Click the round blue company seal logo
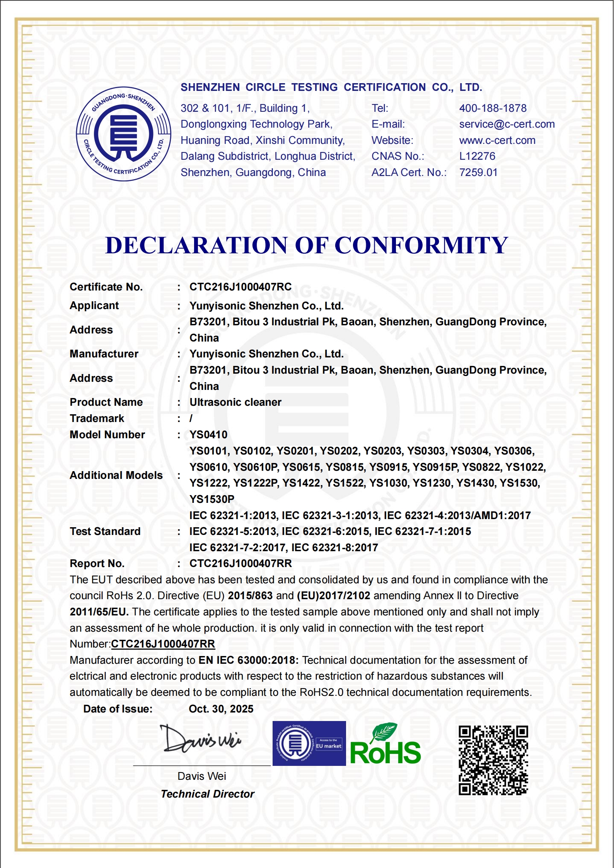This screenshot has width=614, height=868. pyautogui.click(x=123, y=134)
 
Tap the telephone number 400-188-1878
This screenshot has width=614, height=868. pyautogui.click(x=493, y=108)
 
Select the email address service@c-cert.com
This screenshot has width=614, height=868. pyautogui.click(x=507, y=124)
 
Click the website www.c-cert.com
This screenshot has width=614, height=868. pyautogui.click(x=497, y=140)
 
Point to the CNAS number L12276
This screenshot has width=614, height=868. pyautogui.click(x=477, y=156)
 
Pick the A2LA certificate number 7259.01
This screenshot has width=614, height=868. pyautogui.click(x=478, y=173)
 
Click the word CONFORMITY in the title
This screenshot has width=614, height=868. pyautogui.click(x=421, y=245)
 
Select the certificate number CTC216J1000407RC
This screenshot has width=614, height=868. pyautogui.click(x=240, y=287)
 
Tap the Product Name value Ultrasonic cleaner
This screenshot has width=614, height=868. pyautogui.click(x=235, y=402)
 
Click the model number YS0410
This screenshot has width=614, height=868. pyautogui.click(x=208, y=435)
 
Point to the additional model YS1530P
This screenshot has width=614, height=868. pyautogui.click(x=211, y=499)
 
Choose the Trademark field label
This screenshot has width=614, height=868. pyautogui.click(x=97, y=419)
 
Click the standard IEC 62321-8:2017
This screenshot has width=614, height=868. pyautogui.click(x=334, y=548)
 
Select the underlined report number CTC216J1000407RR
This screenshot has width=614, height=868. pyautogui.click(x=163, y=644)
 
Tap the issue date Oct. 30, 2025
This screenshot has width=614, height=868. pyautogui.click(x=221, y=709)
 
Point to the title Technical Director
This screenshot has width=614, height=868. pyautogui.click(x=207, y=794)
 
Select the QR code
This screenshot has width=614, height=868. pyautogui.click(x=493, y=760)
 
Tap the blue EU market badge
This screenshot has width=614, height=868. pyautogui.click(x=309, y=743)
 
